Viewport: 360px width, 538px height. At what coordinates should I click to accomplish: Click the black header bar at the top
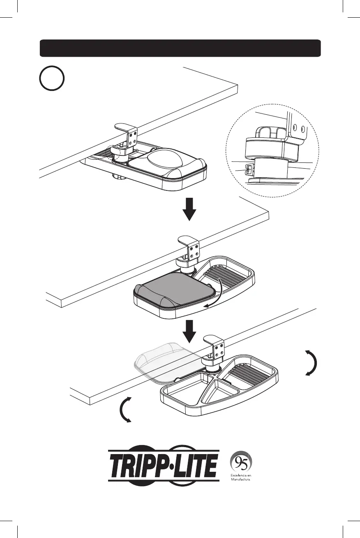180,48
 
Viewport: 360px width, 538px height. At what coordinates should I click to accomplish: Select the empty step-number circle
52,79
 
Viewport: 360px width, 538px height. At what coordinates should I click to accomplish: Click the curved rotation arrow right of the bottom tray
311,362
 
